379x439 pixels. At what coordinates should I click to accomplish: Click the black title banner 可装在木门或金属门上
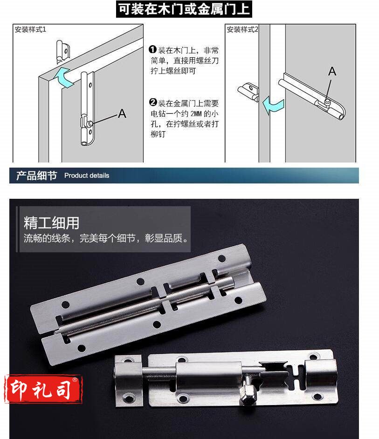click(x=184, y=9)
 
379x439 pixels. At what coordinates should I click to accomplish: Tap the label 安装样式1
click(x=30, y=29)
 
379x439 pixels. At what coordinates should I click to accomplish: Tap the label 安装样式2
click(x=242, y=29)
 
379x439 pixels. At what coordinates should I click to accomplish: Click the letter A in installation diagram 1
click(x=122, y=114)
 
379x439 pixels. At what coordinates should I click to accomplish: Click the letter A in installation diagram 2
click(x=332, y=71)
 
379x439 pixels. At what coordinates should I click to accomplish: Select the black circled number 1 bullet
click(x=152, y=49)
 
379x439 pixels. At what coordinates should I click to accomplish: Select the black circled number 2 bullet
click(x=153, y=102)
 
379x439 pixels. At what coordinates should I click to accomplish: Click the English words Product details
click(x=87, y=176)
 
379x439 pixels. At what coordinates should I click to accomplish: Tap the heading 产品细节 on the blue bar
click(x=36, y=176)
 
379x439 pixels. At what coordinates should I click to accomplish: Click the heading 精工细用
click(x=51, y=223)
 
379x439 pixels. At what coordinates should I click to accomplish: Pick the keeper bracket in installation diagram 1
click(x=62, y=52)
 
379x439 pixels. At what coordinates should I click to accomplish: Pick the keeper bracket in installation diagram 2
click(x=248, y=91)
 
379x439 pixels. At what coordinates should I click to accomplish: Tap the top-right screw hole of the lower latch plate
click(x=313, y=357)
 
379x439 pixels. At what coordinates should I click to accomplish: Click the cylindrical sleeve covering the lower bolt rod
click(x=209, y=375)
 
